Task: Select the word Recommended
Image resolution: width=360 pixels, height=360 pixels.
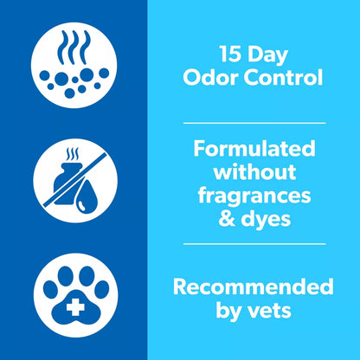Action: click(x=254, y=286)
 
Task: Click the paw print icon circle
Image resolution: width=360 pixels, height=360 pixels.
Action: click(x=73, y=290)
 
